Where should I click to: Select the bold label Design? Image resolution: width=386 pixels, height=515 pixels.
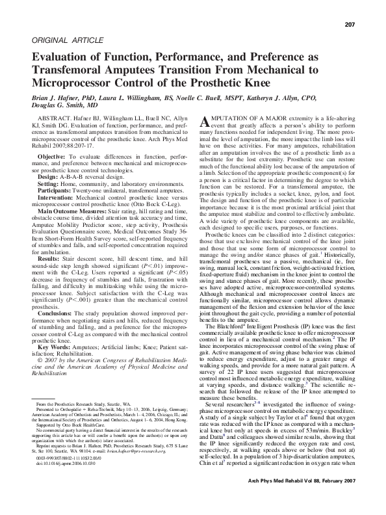pos(48,177)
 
